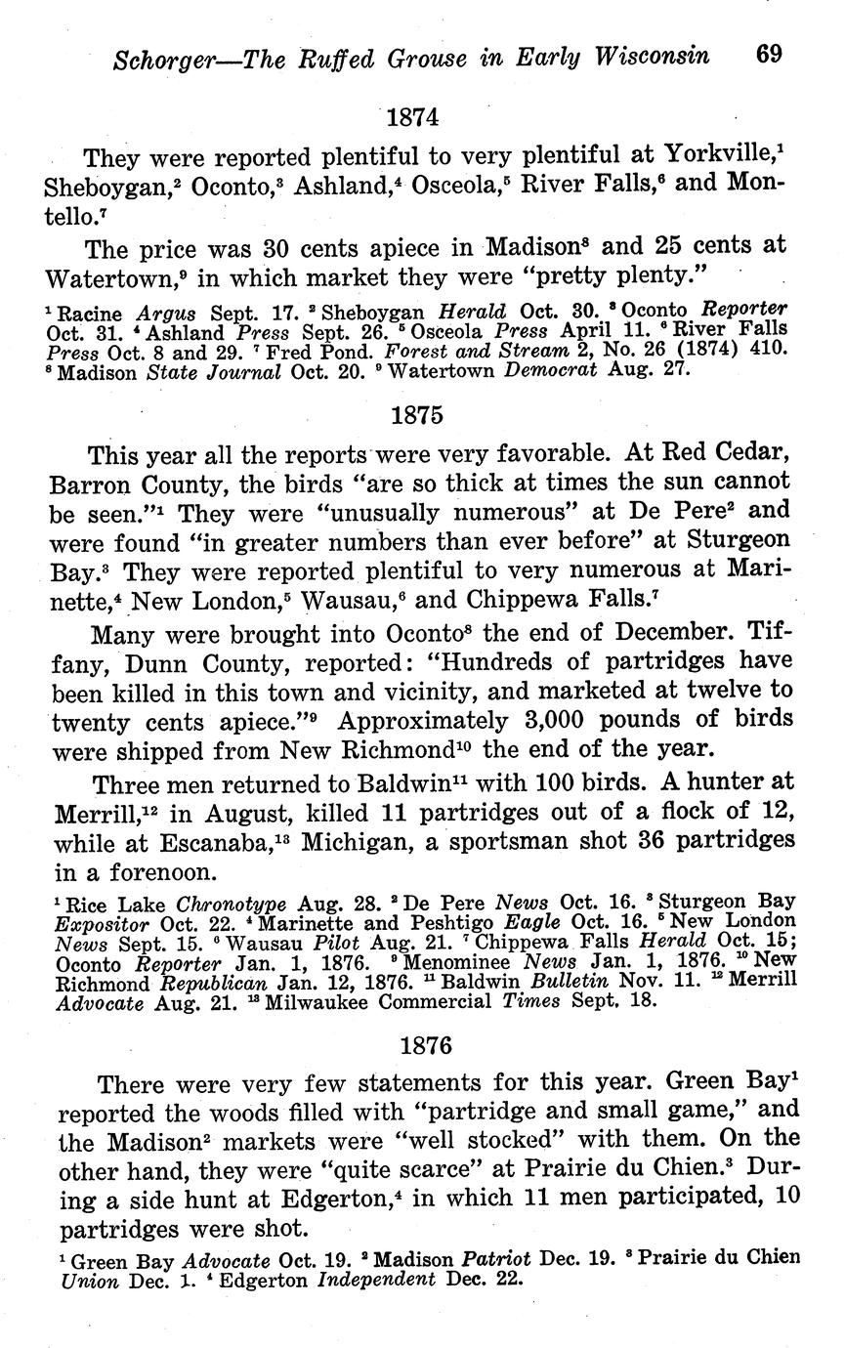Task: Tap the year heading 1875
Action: (x=417, y=414)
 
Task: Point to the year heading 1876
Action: (x=427, y=1045)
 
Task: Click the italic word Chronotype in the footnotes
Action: (x=186, y=903)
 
